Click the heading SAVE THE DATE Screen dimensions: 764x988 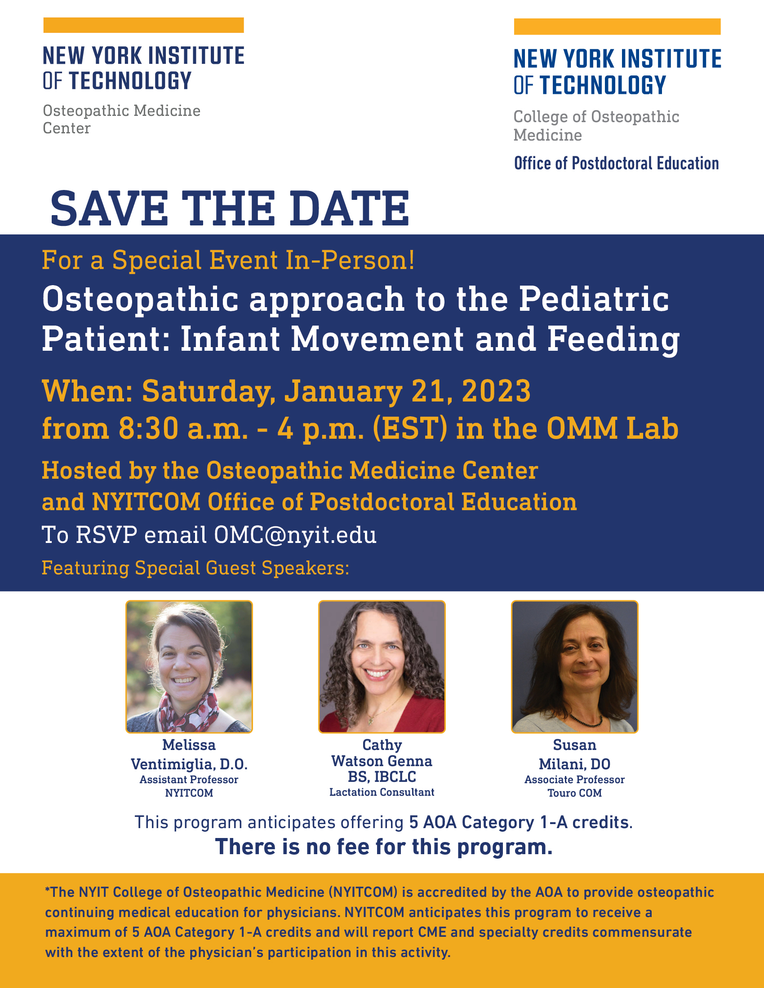pos(230,208)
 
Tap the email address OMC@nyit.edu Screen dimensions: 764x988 pos(295,535)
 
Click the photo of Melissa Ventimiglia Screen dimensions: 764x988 pos(189,666)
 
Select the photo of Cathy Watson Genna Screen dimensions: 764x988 pos(382,666)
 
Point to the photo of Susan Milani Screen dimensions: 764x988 pos(575,666)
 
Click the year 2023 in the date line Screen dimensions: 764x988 pos(496,391)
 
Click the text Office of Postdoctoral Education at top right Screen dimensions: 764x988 pos(617,163)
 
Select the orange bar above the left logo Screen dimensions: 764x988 pos(143,25)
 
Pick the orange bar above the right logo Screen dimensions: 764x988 pos(617,26)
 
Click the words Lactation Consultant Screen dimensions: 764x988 pos(382,792)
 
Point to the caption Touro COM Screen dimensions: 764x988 pos(575,793)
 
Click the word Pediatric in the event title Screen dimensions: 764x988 pos(594,299)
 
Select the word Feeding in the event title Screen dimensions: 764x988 pos(613,340)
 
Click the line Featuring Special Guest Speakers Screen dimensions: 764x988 pos(195,568)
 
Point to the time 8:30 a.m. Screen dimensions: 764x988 pos(183,429)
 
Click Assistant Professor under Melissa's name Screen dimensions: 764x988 pos(189,780)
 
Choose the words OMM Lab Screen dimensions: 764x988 pos(613,428)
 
